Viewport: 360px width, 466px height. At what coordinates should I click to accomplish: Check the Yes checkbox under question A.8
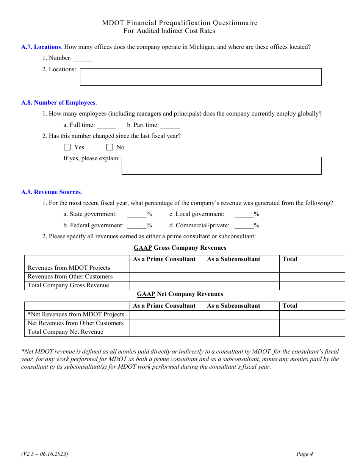coord(67,147)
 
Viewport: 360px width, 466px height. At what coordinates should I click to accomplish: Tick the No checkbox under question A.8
coord(110,147)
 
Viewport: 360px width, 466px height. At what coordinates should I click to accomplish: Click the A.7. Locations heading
coord(41,47)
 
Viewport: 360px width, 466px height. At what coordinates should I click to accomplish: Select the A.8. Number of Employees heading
coord(59,103)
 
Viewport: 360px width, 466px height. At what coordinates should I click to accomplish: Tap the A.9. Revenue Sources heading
coord(52,192)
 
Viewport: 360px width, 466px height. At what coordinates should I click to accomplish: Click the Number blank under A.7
coord(83,59)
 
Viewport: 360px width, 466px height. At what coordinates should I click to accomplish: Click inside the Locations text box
coord(200,77)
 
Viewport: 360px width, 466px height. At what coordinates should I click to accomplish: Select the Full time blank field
coord(106,125)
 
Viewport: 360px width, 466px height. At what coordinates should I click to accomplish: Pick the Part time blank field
coord(170,125)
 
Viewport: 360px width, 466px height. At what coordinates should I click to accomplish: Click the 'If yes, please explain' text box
coord(221,166)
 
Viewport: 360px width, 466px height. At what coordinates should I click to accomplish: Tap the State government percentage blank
coord(136,215)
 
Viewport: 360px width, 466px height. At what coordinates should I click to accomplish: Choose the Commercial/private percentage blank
coord(244,226)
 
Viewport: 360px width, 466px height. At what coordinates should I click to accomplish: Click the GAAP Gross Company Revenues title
coord(180,248)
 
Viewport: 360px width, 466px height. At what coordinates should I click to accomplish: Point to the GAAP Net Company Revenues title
coord(180,294)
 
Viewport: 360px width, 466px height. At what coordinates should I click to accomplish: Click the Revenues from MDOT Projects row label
coord(69,268)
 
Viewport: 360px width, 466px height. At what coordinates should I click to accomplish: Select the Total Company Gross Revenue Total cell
coord(312,286)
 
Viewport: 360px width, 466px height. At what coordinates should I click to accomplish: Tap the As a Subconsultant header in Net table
coord(234,306)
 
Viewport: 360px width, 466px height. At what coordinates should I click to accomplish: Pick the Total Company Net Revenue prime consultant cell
coord(167,332)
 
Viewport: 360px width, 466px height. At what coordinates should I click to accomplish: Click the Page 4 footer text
coord(305,454)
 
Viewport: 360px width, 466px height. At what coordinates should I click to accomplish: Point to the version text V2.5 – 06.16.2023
coord(45,454)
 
